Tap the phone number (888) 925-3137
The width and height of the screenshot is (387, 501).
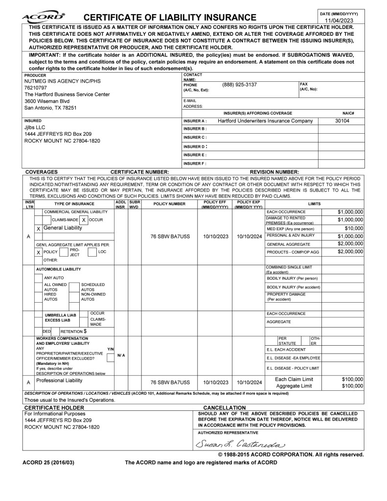239,85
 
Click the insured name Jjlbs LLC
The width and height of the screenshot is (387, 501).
35,127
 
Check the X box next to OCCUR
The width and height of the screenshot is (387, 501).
84,220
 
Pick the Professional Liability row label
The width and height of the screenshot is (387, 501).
60,380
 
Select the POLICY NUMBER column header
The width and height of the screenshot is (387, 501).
169,203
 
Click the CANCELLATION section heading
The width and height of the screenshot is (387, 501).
224,407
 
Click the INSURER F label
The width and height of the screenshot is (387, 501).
195,163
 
